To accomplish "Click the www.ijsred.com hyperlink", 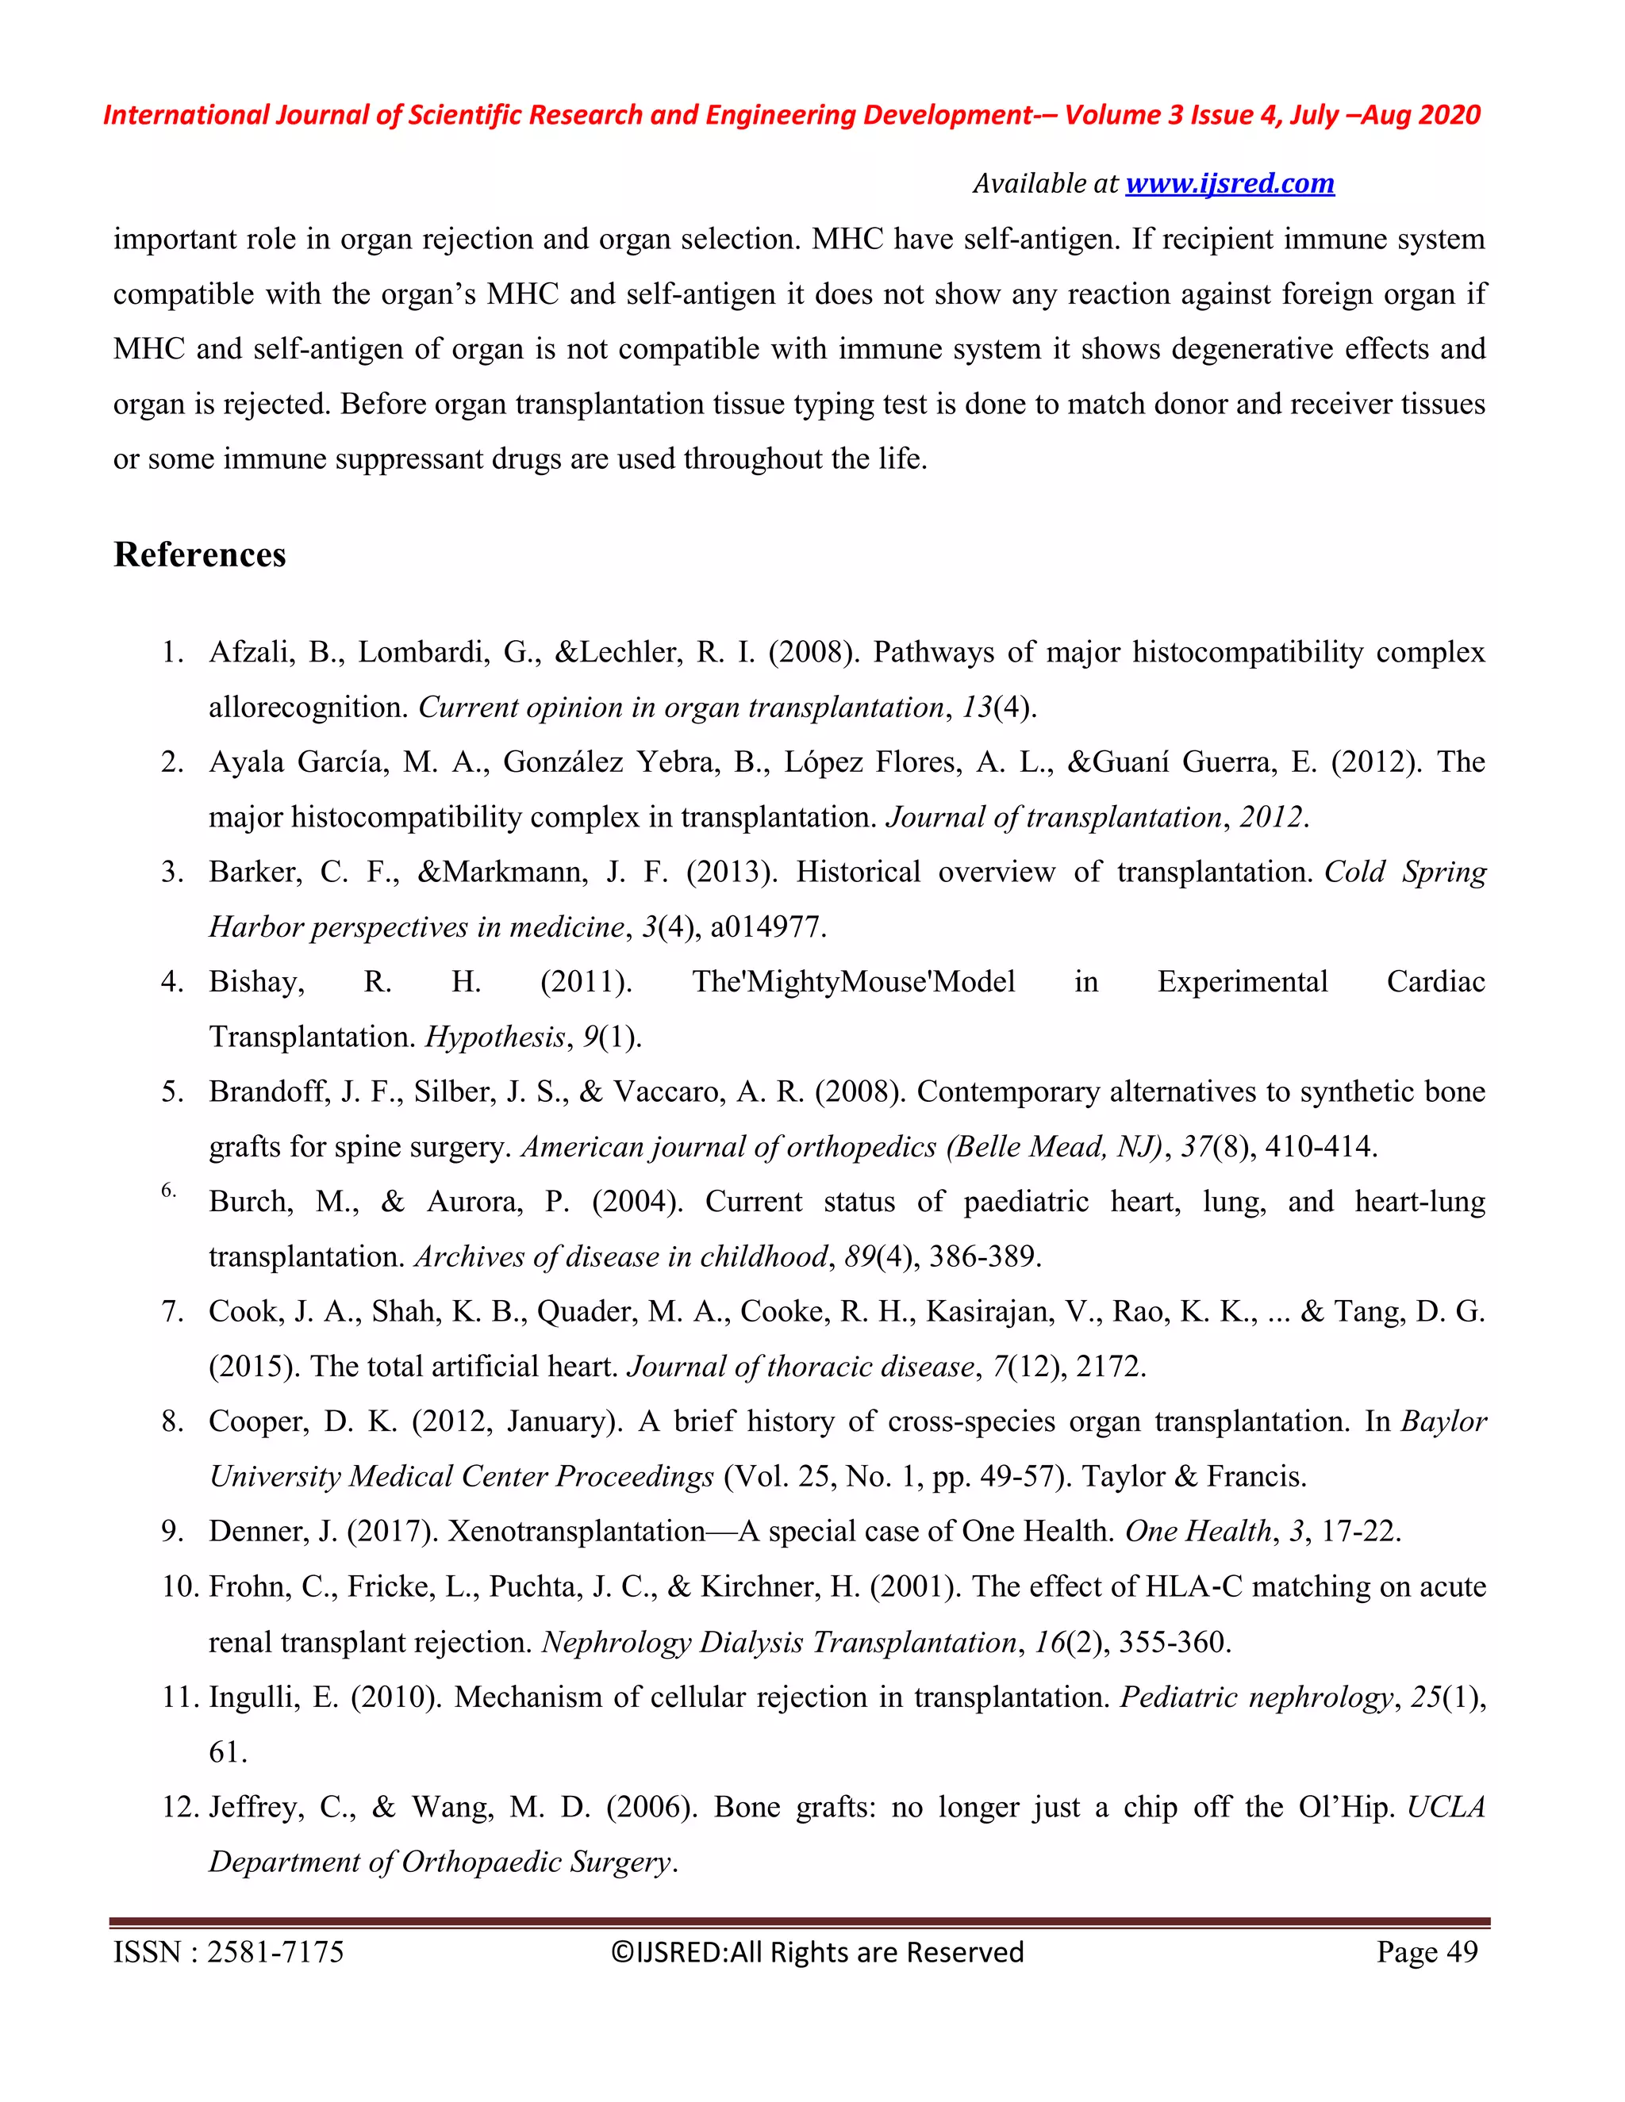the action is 1229,183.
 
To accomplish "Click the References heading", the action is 199,555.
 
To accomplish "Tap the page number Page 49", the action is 1427,1952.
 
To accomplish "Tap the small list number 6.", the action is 168,1191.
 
